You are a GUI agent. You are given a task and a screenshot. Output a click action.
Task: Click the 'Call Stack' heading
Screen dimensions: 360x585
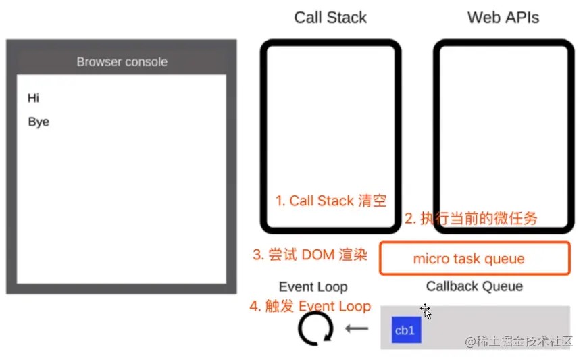(330, 18)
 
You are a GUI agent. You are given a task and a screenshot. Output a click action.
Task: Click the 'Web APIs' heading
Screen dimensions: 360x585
(503, 18)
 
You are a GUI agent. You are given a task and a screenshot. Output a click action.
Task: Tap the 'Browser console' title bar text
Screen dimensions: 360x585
(122, 61)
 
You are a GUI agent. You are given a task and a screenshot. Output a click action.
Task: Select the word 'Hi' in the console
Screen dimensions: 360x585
(34, 98)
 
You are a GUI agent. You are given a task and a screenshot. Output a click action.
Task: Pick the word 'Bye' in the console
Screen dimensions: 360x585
(39, 122)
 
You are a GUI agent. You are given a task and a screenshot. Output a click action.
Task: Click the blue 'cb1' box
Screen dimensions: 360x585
(405, 330)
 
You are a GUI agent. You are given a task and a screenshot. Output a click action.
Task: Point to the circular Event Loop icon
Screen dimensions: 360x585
(315, 329)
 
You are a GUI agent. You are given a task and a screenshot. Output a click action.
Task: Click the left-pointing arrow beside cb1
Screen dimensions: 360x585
(357, 329)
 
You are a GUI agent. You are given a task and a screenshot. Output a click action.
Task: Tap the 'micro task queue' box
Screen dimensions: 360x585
(474, 259)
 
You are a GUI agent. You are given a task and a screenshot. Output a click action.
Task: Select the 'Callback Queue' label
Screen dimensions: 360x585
(474, 286)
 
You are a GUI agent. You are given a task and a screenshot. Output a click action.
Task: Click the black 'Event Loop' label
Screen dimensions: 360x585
(313, 287)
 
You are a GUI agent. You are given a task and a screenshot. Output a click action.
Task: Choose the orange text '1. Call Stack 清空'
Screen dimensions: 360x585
(330, 201)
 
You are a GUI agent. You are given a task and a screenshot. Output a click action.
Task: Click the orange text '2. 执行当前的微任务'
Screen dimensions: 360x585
(471, 218)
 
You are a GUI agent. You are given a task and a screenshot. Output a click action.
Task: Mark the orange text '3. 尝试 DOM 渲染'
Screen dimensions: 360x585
(309, 255)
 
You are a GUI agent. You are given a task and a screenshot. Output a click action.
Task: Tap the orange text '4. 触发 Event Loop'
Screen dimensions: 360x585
(310, 306)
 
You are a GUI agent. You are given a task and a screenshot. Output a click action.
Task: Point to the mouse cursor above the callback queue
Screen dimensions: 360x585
(426, 311)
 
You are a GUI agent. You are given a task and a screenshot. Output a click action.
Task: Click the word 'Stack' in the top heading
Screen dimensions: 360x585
(347, 18)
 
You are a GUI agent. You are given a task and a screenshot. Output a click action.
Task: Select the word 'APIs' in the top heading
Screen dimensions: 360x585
(523, 18)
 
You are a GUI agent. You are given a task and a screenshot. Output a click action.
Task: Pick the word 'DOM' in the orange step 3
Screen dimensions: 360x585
(318, 255)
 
